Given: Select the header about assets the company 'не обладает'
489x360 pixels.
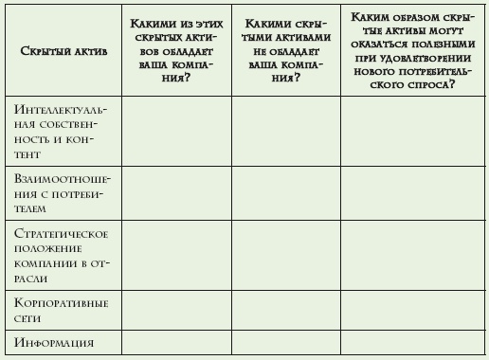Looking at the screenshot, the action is (286, 47).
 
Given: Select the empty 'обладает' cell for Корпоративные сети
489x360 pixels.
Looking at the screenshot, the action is (175, 310).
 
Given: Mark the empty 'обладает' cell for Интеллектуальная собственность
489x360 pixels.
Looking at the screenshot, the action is (175, 131).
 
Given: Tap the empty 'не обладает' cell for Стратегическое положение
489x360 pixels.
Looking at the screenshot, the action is (286, 256).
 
